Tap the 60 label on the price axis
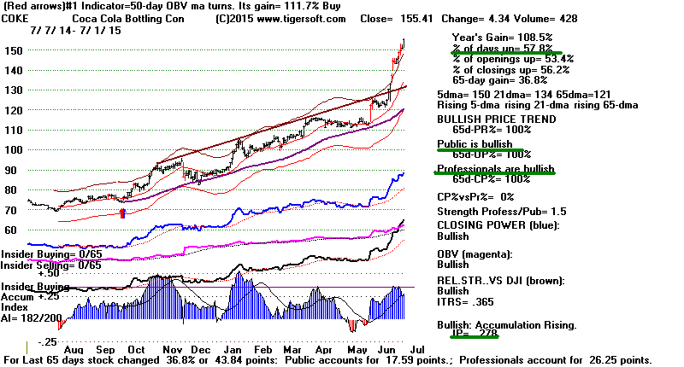point(10,230)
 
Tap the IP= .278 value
point(469,336)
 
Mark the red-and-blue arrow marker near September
point(121,212)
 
